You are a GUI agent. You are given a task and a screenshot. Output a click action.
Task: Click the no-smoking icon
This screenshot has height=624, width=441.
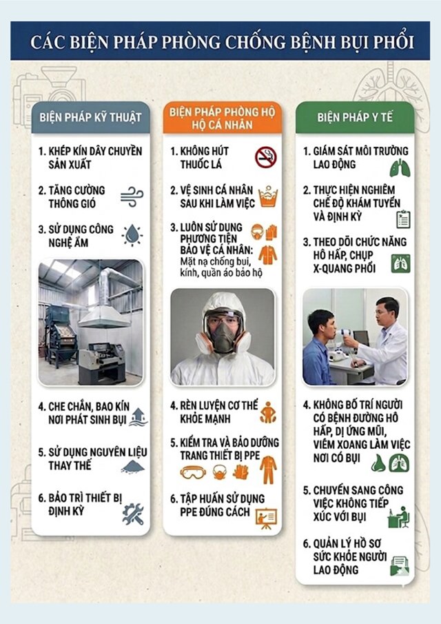[266, 157]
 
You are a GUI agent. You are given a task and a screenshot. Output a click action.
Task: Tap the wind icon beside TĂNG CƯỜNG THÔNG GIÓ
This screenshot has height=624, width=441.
[132, 197]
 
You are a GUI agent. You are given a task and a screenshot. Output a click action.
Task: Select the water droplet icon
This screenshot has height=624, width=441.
[132, 235]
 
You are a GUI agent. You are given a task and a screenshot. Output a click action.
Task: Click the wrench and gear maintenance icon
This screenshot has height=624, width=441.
[133, 514]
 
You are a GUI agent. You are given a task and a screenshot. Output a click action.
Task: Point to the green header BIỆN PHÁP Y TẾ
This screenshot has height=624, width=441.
[355, 117]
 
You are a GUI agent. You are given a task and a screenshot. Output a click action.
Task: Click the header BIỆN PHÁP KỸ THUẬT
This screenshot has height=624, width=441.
[91, 117]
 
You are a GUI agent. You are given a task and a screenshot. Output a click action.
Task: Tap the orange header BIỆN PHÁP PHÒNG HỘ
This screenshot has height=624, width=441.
[223, 117]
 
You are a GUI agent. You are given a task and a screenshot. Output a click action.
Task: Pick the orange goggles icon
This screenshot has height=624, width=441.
[193, 472]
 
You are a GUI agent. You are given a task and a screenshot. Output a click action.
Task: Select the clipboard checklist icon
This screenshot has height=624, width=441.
[403, 219]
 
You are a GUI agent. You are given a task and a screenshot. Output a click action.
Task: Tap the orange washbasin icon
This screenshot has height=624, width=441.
[268, 197]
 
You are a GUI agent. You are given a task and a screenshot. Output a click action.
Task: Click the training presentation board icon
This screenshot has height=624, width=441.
[267, 518]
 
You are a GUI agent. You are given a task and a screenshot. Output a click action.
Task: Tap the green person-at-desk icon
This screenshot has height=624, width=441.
[398, 516]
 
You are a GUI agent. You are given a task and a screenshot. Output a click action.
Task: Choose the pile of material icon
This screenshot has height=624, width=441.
[133, 466]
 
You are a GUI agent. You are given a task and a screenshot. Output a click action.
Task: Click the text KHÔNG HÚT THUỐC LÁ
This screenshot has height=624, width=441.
[204, 158]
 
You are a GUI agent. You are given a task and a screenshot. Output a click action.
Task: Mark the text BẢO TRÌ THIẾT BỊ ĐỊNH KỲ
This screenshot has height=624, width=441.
[80, 504]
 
